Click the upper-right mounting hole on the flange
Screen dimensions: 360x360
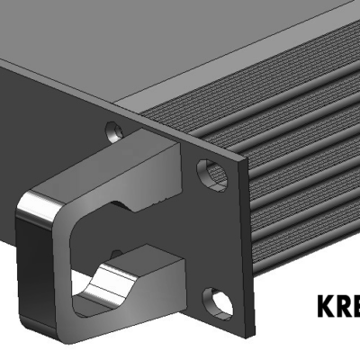[x=211, y=174]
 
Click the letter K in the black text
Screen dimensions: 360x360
[x=326, y=307]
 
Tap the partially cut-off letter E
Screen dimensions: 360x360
[x=357, y=307]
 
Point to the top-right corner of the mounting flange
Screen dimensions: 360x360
[x=242, y=159]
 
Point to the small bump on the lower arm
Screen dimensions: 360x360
[x=115, y=254]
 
